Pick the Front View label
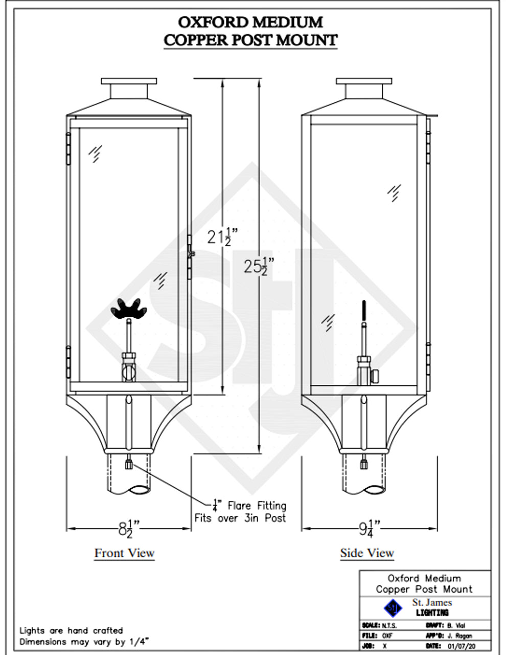point(124,553)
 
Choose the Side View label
point(367,553)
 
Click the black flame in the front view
point(129,309)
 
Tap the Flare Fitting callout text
point(250,506)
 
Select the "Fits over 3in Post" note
point(240,518)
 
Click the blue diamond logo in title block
point(393,608)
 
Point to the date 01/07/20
point(462,646)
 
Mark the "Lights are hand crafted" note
point(71,630)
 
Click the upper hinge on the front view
point(68,148)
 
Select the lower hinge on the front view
point(68,361)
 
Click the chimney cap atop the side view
point(364,81)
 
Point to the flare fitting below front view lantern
point(128,465)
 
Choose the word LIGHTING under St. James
point(432,613)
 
